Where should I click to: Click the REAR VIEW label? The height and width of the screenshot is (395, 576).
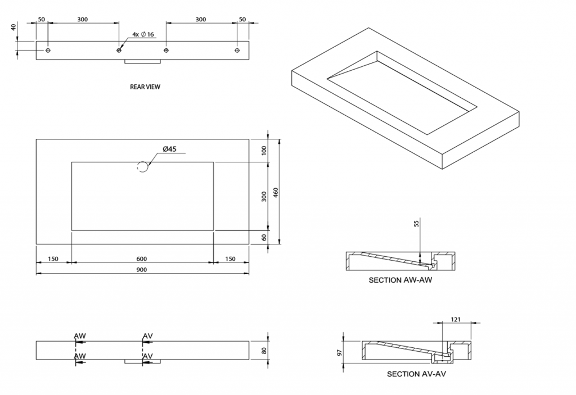[x=145, y=87]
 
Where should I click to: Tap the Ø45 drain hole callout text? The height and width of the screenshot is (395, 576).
[x=170, y=149]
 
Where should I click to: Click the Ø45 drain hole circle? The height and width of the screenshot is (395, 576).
[x=143, y=166]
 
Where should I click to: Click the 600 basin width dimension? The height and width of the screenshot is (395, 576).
[x=142, y=259]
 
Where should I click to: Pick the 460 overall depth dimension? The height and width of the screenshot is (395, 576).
[x=276, y=192]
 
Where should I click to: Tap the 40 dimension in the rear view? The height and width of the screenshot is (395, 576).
[x=13, y=28]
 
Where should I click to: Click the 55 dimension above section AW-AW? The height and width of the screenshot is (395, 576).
[x=416, y=224]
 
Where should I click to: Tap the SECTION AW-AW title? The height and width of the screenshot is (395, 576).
[x=400, y=280]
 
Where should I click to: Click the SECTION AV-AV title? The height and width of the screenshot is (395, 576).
[x=416, y=374]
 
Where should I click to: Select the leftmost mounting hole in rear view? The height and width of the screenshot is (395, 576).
[x=48, y=51]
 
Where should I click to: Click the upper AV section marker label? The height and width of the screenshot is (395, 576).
[x=148, y=336]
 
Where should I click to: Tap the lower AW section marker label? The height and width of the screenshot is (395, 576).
[x=80, y=356]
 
